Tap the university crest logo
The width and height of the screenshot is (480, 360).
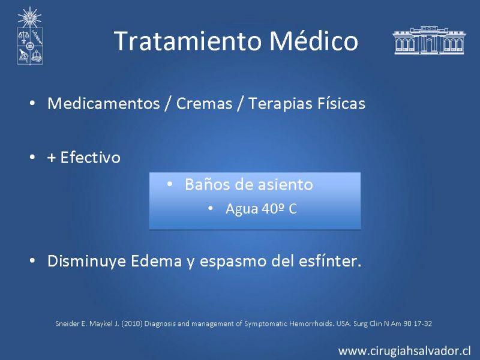(29, 36)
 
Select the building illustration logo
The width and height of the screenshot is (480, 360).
(429, 40)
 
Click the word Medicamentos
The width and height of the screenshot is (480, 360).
(104, 103)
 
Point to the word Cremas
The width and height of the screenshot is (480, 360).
(204, 103)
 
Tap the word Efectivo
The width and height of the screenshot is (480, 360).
(91, 157)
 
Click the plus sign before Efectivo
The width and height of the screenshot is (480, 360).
(52, 158)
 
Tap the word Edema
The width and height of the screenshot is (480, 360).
(156, 261)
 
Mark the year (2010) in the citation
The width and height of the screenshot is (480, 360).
(132, 323)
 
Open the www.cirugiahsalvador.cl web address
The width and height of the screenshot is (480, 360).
(404, 351)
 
